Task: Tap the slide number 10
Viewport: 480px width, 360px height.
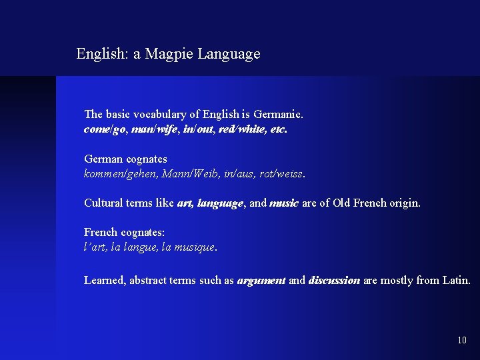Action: pyautogui.click(x=462, y=341)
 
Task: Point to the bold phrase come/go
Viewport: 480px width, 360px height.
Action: pyautogui.click(x=104, y=129)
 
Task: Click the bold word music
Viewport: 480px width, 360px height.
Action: pyautogui.click(x=284, y=203)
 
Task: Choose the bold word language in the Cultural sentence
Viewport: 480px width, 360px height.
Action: pyautogui.click(x=220, y=203)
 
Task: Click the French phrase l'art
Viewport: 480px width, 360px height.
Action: pyautogui.click(x=95, y=247)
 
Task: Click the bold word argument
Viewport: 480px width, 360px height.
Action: pyautogui.click(x=261, y=281)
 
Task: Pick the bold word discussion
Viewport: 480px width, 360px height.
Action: pyautogui.click(x=334, y=281)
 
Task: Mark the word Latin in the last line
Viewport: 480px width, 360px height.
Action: pyautogui.click(x=456, y=281)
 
